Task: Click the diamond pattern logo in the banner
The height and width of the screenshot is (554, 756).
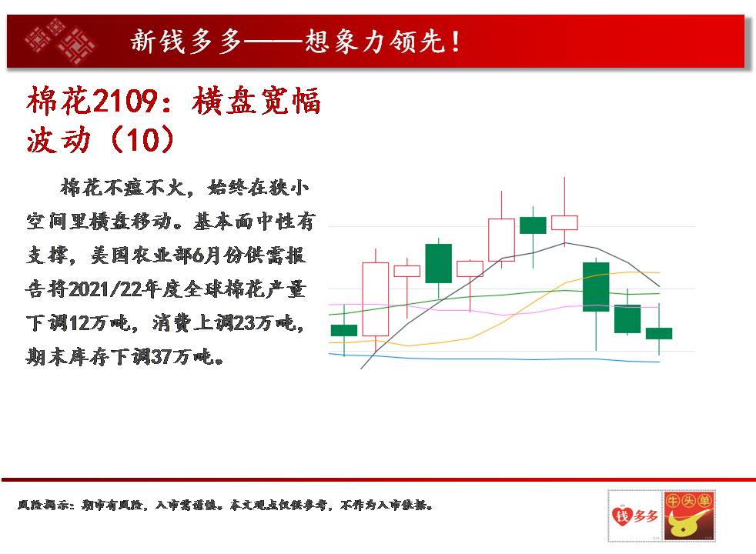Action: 61,41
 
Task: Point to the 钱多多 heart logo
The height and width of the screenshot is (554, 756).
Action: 635,516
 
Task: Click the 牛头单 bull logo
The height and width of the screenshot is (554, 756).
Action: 689,516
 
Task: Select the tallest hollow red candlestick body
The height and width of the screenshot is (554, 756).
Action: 376,299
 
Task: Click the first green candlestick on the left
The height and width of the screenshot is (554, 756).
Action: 344,330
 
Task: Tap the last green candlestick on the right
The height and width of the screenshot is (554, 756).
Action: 659,333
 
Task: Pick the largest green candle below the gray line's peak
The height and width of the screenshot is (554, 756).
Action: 596,287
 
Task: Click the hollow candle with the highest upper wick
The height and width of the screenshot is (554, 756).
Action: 564,222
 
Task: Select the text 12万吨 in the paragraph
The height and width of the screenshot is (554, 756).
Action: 100,322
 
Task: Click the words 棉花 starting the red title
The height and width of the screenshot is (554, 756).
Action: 59,101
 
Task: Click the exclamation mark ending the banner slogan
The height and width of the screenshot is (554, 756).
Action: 455,41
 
